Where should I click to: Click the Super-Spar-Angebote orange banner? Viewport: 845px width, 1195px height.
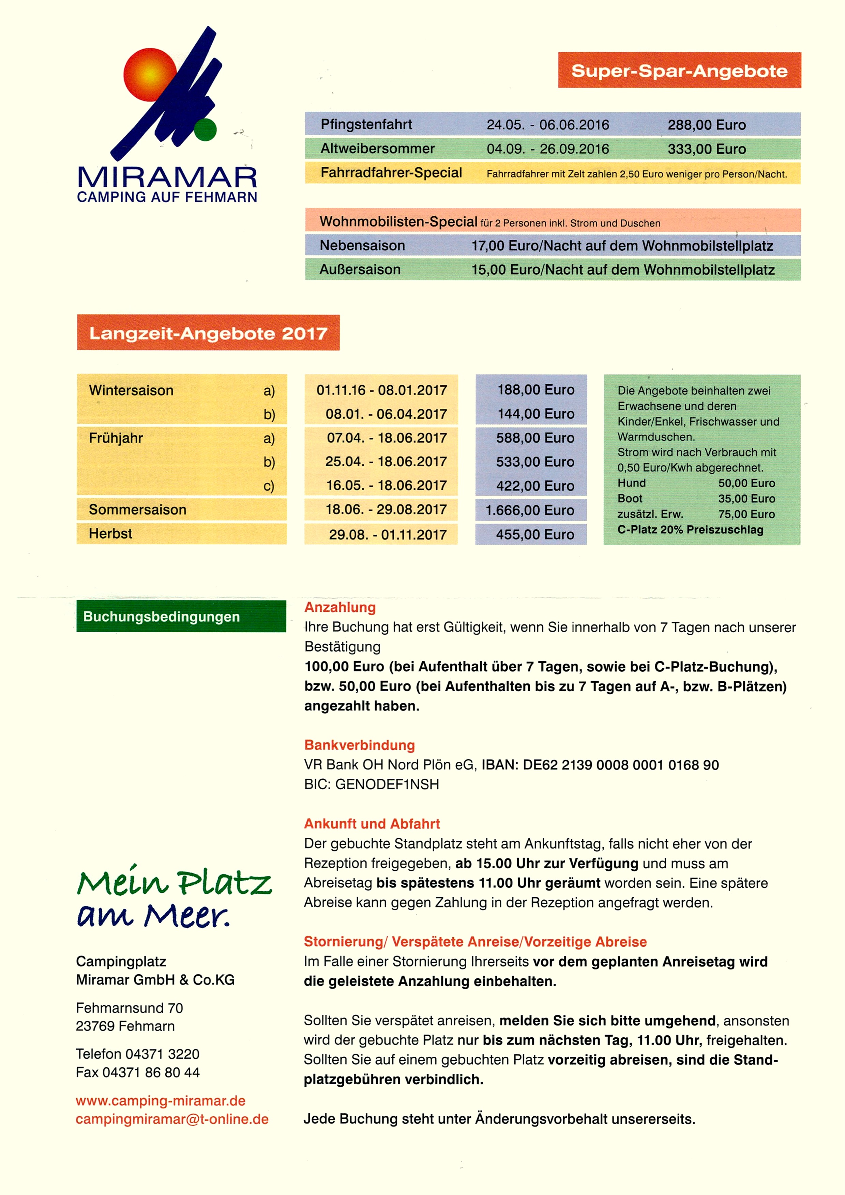coord(679,70)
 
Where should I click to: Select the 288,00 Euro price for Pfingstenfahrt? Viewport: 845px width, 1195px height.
coord(707,125)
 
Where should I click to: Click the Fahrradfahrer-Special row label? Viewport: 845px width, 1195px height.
coord(391,173)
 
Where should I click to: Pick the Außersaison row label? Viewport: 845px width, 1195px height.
coord(360,269)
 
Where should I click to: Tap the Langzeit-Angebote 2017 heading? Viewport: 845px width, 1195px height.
coord(208,333)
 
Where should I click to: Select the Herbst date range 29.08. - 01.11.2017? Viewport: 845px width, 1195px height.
coord(387,534)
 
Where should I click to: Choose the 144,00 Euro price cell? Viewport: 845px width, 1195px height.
coord(536,414)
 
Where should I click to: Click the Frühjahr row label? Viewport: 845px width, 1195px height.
coord(116,438)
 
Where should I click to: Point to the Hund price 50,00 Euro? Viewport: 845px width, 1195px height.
coord(746,483)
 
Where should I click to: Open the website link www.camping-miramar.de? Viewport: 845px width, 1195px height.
coord(160,1101)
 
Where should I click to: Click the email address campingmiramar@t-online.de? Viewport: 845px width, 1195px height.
coord(172,1119)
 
